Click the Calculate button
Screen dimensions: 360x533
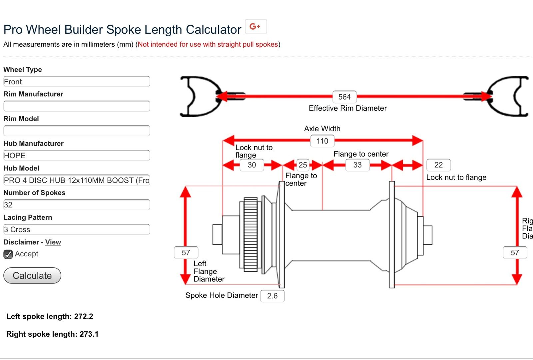pyautogui.click(x=32, y=275)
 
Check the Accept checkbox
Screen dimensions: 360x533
pyautogui.click(x=8, y=254)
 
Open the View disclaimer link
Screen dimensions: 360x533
pyautogui.click(x=53, y=242)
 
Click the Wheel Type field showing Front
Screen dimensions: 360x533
pyautogui.click(x=77, y=82)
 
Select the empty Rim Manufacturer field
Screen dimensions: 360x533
pyautogui.click(x=77, y=106)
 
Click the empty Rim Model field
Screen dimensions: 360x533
pyautogui.click(x=77, y=131)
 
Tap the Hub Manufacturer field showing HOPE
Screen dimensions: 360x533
pyautogui.click(x=77, y=156)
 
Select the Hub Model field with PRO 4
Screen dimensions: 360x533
pyautogui.click(x=77, y=180)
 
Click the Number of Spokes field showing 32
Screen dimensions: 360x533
pyautogui.click(x=77, y=205)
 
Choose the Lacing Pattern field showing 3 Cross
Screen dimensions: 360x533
pyautogui.click(x=77, y=229)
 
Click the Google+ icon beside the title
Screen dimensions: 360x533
pyautogui.click(x=256, y=27)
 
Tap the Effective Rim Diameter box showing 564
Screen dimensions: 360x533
pyautogui.click(x=344, y=97)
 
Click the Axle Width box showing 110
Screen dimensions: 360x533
pyautogui.click(x=322, y=141)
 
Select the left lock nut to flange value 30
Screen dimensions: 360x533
pyautogui.click(x=252, y=165)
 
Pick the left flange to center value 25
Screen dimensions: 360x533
pyautogui.click(x=303, y=165)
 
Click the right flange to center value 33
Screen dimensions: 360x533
pyautogui.click(x=357, y=165)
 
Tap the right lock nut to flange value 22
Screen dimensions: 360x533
pyautogui.click(x=438, y=165)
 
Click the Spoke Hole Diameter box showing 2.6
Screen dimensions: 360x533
pyautogui.click(x=272, y=296)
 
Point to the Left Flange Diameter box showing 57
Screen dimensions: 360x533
pyautogui.click(x=186, y=253)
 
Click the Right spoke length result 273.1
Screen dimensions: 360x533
pyautogui.click(x=89, y=334)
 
